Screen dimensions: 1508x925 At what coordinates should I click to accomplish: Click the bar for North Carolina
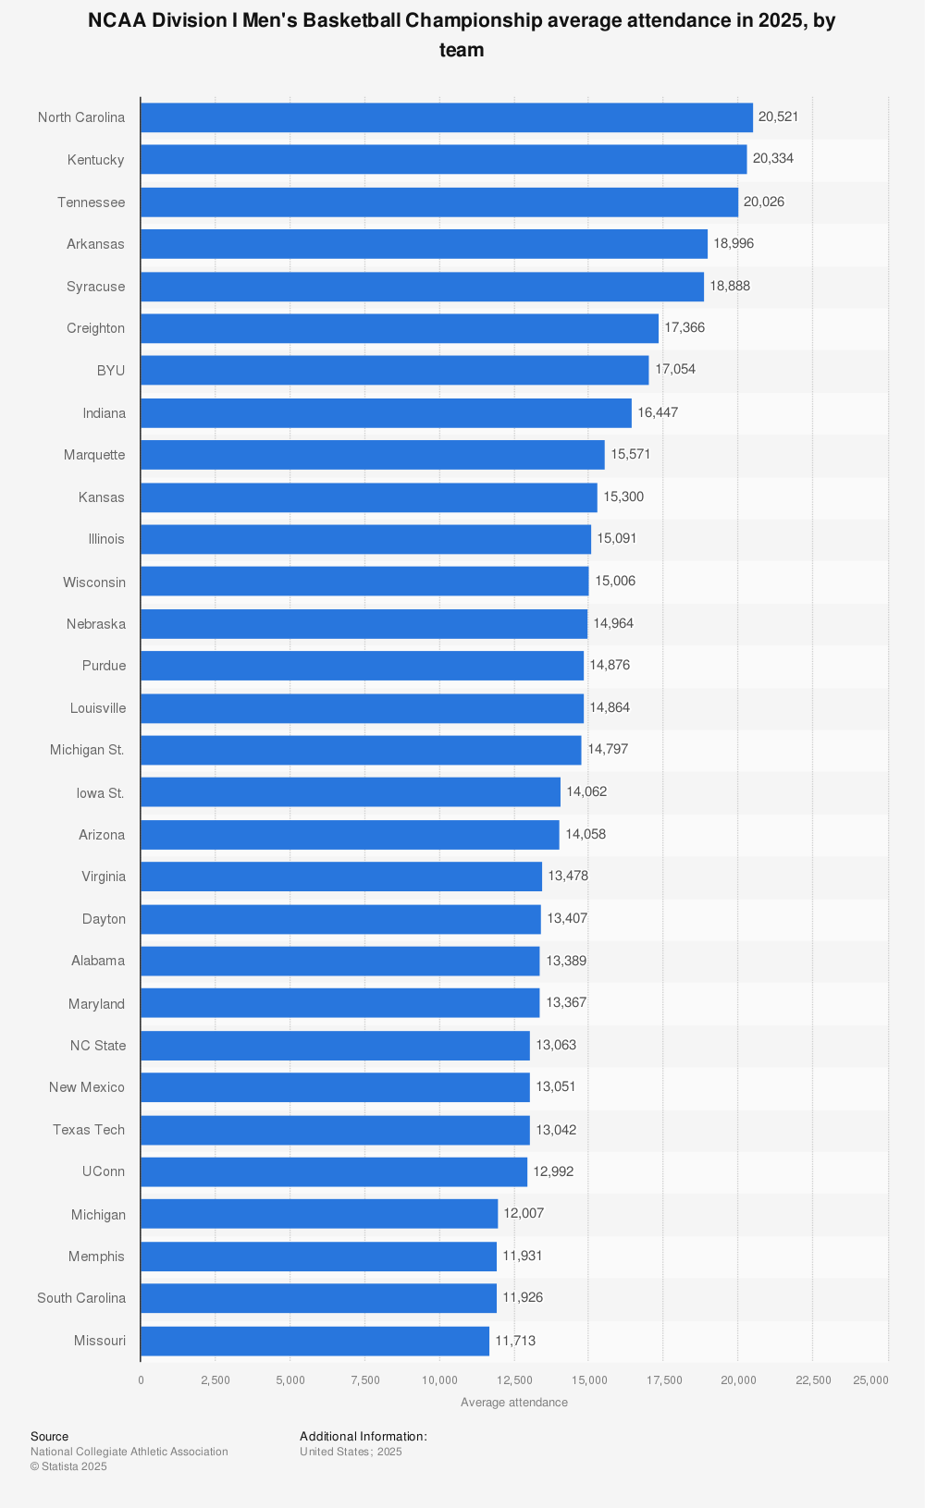click(446, 117)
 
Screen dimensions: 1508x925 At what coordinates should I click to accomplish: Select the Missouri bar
click(314, 1341)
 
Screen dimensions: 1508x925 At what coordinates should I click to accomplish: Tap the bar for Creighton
click(399, 328)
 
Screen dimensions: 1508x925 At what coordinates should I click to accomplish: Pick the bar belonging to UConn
click(333, 1171)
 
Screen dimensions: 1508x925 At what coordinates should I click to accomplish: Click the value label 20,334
click(772, 158)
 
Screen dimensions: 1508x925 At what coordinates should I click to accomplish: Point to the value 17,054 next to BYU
click(675, 369)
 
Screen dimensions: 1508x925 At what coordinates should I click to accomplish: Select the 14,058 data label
click(586, 834)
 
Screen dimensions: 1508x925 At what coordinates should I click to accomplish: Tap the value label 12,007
click(524, 1213)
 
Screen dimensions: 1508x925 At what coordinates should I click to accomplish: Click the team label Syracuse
click(95, 287)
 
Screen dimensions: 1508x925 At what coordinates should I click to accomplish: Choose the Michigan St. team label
click(87, 750)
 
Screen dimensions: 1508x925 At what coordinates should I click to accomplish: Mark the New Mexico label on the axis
click(86, 1087)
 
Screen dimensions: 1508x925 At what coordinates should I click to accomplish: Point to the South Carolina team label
click(80, 1298)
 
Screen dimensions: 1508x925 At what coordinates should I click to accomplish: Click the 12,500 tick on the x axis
click(514, 1380)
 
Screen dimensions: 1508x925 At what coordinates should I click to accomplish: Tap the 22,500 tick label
click(813, 1380)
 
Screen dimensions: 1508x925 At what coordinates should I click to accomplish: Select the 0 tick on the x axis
click(141, 1380)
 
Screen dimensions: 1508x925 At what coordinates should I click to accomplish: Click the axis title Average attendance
click(513, 1403)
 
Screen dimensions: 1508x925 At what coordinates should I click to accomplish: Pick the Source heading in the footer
click(49, 1437)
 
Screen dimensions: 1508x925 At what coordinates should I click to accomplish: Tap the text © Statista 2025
click(68, 1466)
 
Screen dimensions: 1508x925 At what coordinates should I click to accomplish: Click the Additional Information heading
click(363, 1437)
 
